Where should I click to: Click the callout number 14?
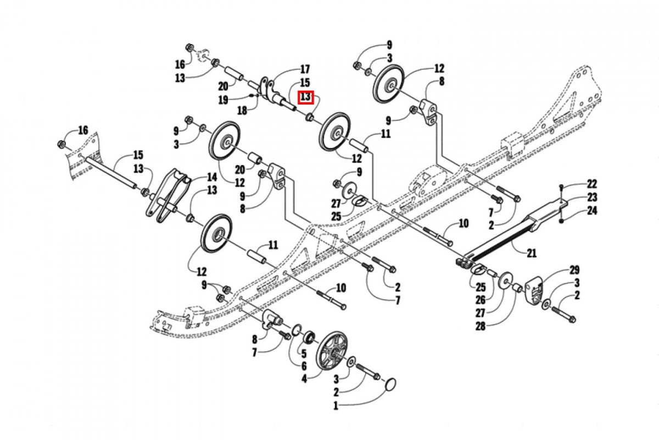point(211,177)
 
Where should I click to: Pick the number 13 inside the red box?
point(305,98)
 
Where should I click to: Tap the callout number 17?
point(304,69)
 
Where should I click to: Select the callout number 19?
point(223,100)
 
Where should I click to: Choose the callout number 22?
point(576,184)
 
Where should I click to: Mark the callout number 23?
point(576,197)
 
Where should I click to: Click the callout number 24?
point(576,211)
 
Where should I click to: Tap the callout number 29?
point(574,269)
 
